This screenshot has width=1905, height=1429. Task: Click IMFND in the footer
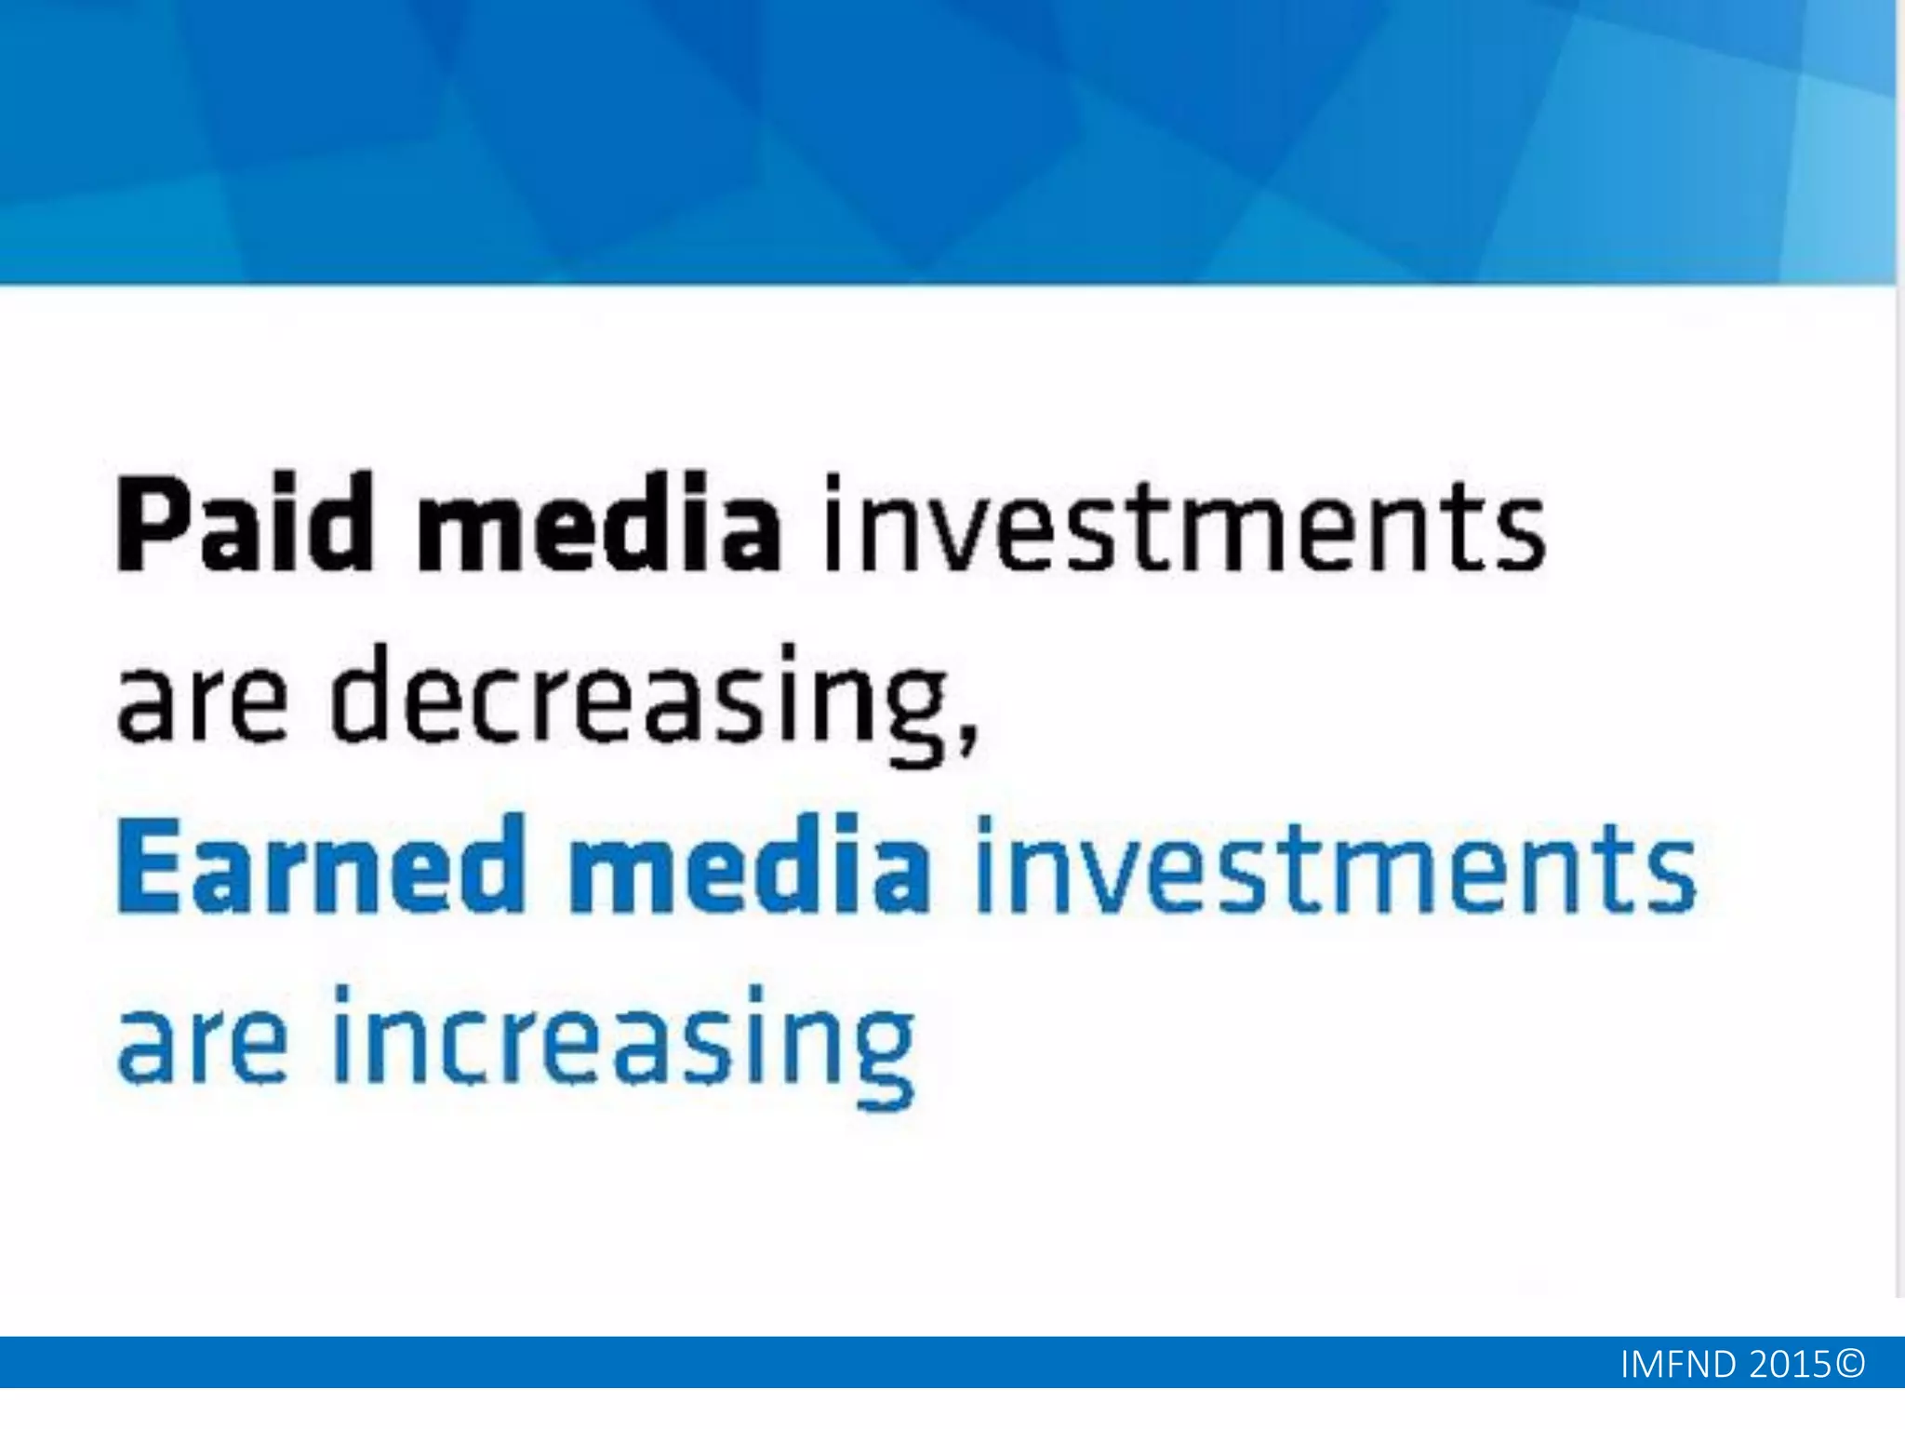pos(1678,1365)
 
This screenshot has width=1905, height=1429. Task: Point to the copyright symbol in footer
pos(1851,1364)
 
